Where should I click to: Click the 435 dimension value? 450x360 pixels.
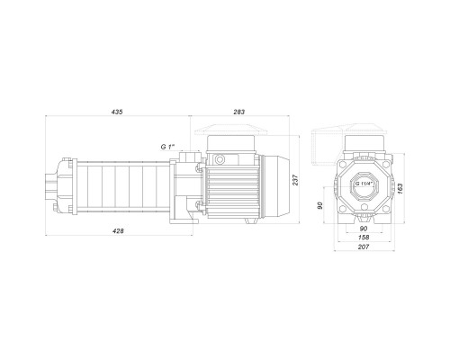pos(117,112)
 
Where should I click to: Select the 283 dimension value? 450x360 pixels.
pos(239,112)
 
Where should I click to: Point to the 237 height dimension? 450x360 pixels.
pos(296,180)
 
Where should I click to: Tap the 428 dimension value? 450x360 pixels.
pos(118,230)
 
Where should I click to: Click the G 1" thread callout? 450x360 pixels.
pos(167,147)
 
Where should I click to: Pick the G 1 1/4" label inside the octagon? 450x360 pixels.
pos(364,184)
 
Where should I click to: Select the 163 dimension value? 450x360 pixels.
pos(400,189)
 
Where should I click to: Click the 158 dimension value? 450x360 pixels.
pos(364,238)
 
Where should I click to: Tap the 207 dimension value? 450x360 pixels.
pos(364,247)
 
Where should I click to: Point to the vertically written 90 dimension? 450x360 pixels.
pos(320,205)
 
